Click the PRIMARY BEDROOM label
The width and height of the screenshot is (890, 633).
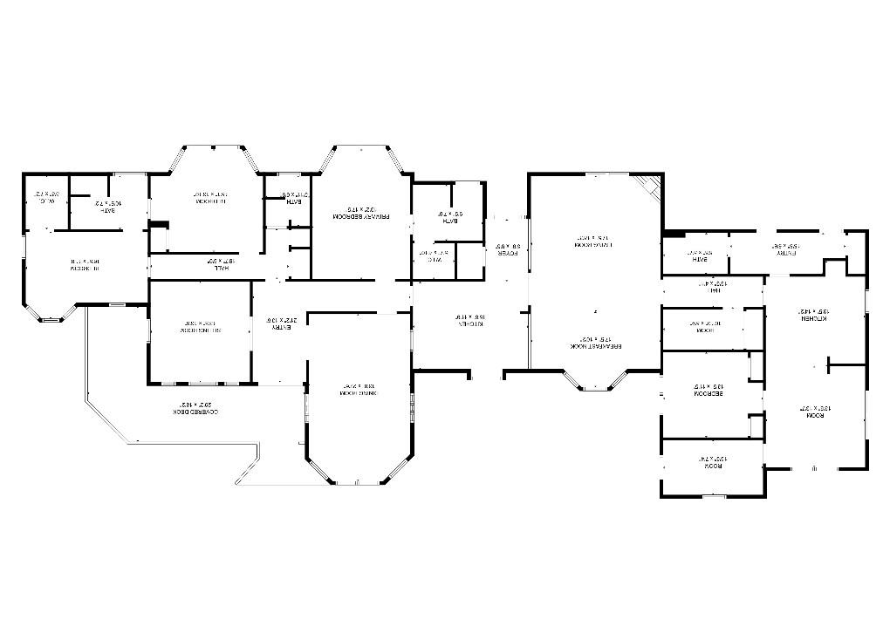[x=360, y=213]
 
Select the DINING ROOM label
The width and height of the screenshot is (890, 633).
[x=359, y=390]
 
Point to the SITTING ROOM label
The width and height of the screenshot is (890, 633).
[x=199, y=326]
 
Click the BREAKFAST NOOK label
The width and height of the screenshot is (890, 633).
[x=596, y=341]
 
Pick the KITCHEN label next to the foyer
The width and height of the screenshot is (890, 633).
[x=468, y=320]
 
